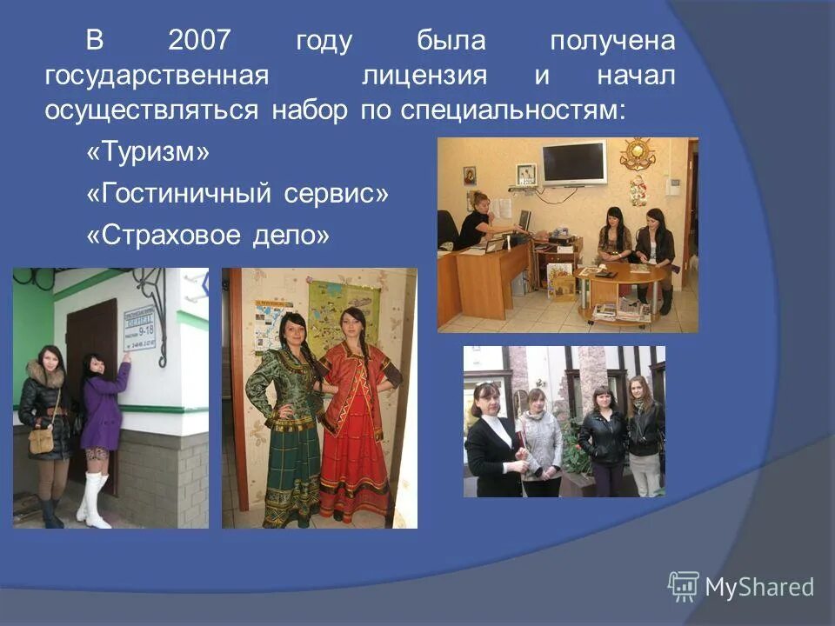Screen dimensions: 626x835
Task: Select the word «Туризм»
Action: pos(149,153)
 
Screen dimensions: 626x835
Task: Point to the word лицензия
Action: pos(424,76)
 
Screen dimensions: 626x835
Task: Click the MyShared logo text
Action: pos(759,587)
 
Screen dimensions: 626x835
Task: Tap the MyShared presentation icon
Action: pos(683,586)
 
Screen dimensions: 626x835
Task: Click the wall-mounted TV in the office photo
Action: pos(573,162)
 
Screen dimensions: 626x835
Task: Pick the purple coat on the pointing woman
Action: pos(104,406)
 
